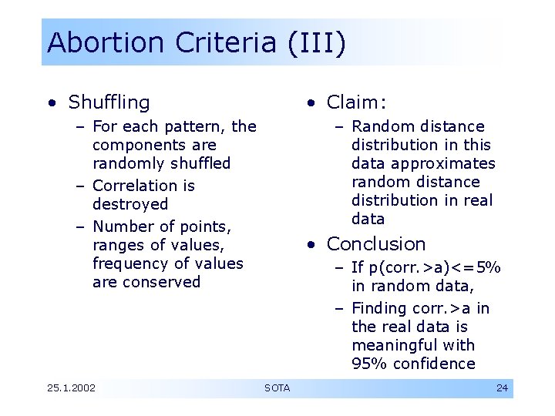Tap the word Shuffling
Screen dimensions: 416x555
pos(109,102)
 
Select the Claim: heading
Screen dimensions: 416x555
pos(357,102)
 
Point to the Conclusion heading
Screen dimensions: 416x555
pos(376,244)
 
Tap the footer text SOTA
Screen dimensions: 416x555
pos(277,387)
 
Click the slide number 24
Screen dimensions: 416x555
pos(502,387)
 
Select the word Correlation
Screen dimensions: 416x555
pos(133,186)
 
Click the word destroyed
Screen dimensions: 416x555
pos(129,204)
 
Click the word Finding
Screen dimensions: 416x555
pos(378,308)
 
